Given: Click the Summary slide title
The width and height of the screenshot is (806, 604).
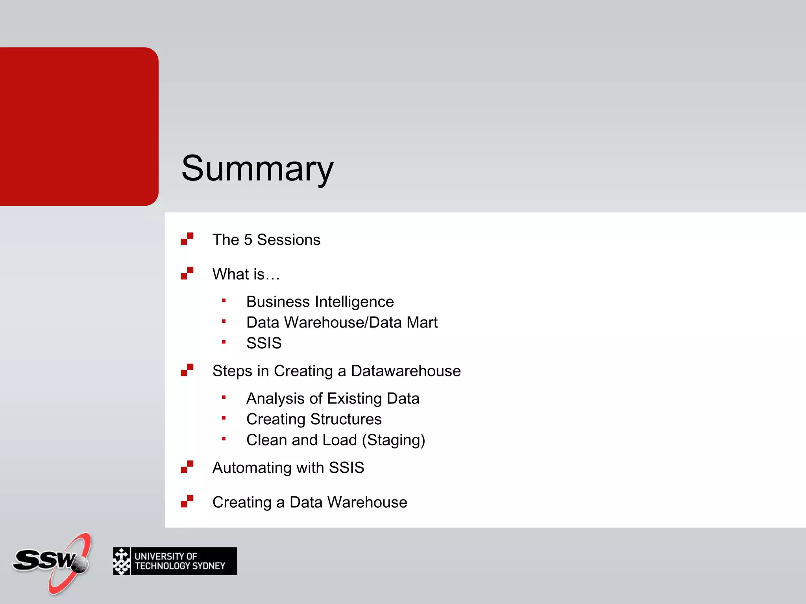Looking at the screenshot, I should tap(257, 168).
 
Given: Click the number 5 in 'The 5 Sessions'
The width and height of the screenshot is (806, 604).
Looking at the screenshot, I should tap(248, 240).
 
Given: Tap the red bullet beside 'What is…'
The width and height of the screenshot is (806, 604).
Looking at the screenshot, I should tap(187, 273).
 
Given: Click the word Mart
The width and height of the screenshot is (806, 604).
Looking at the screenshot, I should tap(422, 322).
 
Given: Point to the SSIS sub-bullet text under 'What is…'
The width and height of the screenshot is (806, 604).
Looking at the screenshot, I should tap(264, 343).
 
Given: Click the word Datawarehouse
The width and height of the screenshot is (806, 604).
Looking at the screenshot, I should tap(406, 371).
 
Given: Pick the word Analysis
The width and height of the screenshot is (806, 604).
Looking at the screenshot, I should tap(275, 399).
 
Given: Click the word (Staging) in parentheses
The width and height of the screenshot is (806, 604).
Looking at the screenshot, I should tap(394, 440).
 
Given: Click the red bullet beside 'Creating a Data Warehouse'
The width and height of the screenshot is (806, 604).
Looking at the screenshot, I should tap(187, 501).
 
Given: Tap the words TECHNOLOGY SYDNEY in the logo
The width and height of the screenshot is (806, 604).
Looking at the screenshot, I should tap(180, 566).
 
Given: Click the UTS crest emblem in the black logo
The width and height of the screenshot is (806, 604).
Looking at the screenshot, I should tap(122, 561).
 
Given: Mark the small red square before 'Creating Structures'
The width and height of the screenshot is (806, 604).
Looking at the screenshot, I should tap(224, 418).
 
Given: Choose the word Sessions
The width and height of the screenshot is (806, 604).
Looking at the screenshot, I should tap(288, 240).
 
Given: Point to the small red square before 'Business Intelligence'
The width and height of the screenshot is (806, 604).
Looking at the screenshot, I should tap(224, 301).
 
